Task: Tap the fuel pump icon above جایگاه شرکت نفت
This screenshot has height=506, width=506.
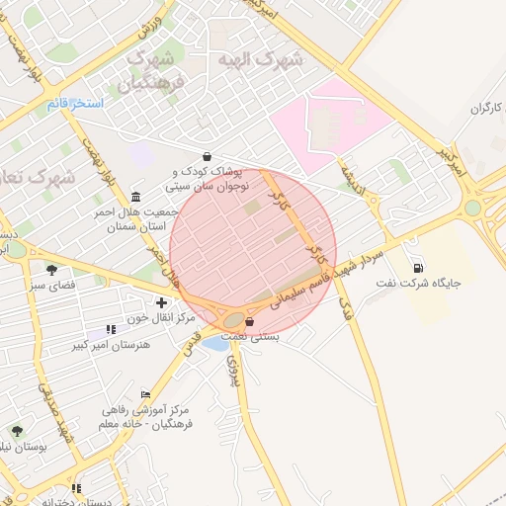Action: click(418, 267)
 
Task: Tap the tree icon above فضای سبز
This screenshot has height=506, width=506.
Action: click(51, 269)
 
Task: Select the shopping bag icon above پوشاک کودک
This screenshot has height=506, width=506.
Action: click(207, 156)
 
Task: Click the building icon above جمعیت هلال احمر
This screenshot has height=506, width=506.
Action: click(134, 196)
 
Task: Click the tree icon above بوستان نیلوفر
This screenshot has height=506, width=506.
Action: click(17, 430)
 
